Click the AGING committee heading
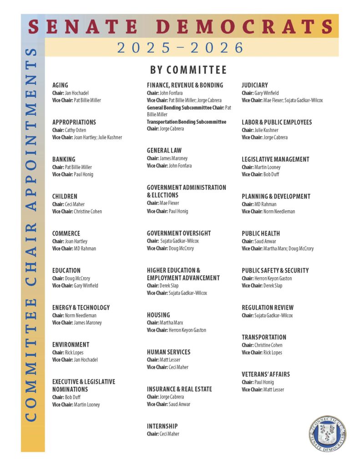click(x=60, y=85)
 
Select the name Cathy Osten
click(x=75, y=130)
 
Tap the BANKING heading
click(x=64, y=159)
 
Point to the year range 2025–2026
click(x=180, y=48)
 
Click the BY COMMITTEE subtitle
click(x=188, y=70)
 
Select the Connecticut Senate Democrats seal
click(x=327, y=433)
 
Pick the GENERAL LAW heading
click(x=164, y=150)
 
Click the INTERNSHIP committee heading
click(x=162, y=426)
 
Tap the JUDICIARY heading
click(x=254, y=85)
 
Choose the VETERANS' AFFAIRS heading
click(x=265, y=375)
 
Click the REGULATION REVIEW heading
click(x=267, y=308)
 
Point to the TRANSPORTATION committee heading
click(x=264, y=337)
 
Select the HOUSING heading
click(x=158, y=315)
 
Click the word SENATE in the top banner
click(x=85, y=26)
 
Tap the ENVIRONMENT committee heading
click(x=71, y=344)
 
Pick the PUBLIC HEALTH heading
click(x=260, y=233)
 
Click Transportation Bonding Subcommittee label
click(x=186, y=122)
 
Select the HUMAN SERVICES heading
click(x=168, y=352)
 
